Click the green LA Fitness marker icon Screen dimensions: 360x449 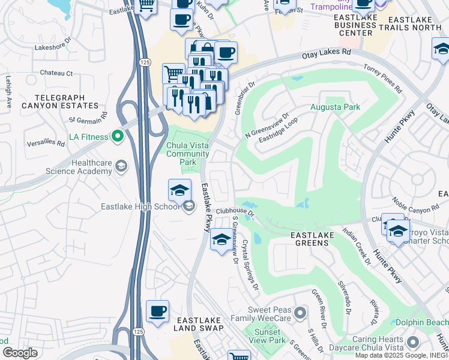coord(118,137)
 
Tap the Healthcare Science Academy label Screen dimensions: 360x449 coord(79,167)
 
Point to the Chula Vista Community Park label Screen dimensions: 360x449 coord(188,154)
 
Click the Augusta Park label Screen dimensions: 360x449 coord(335,107)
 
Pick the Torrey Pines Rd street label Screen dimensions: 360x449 coord(382,79)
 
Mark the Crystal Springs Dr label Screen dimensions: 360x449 coord(250,265)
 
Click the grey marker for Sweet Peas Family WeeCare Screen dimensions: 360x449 coord(301,313)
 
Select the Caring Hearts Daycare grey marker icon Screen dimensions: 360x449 coord(412,343)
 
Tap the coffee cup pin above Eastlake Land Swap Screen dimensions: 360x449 coord(158,311)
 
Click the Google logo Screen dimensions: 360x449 coord(19,353)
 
